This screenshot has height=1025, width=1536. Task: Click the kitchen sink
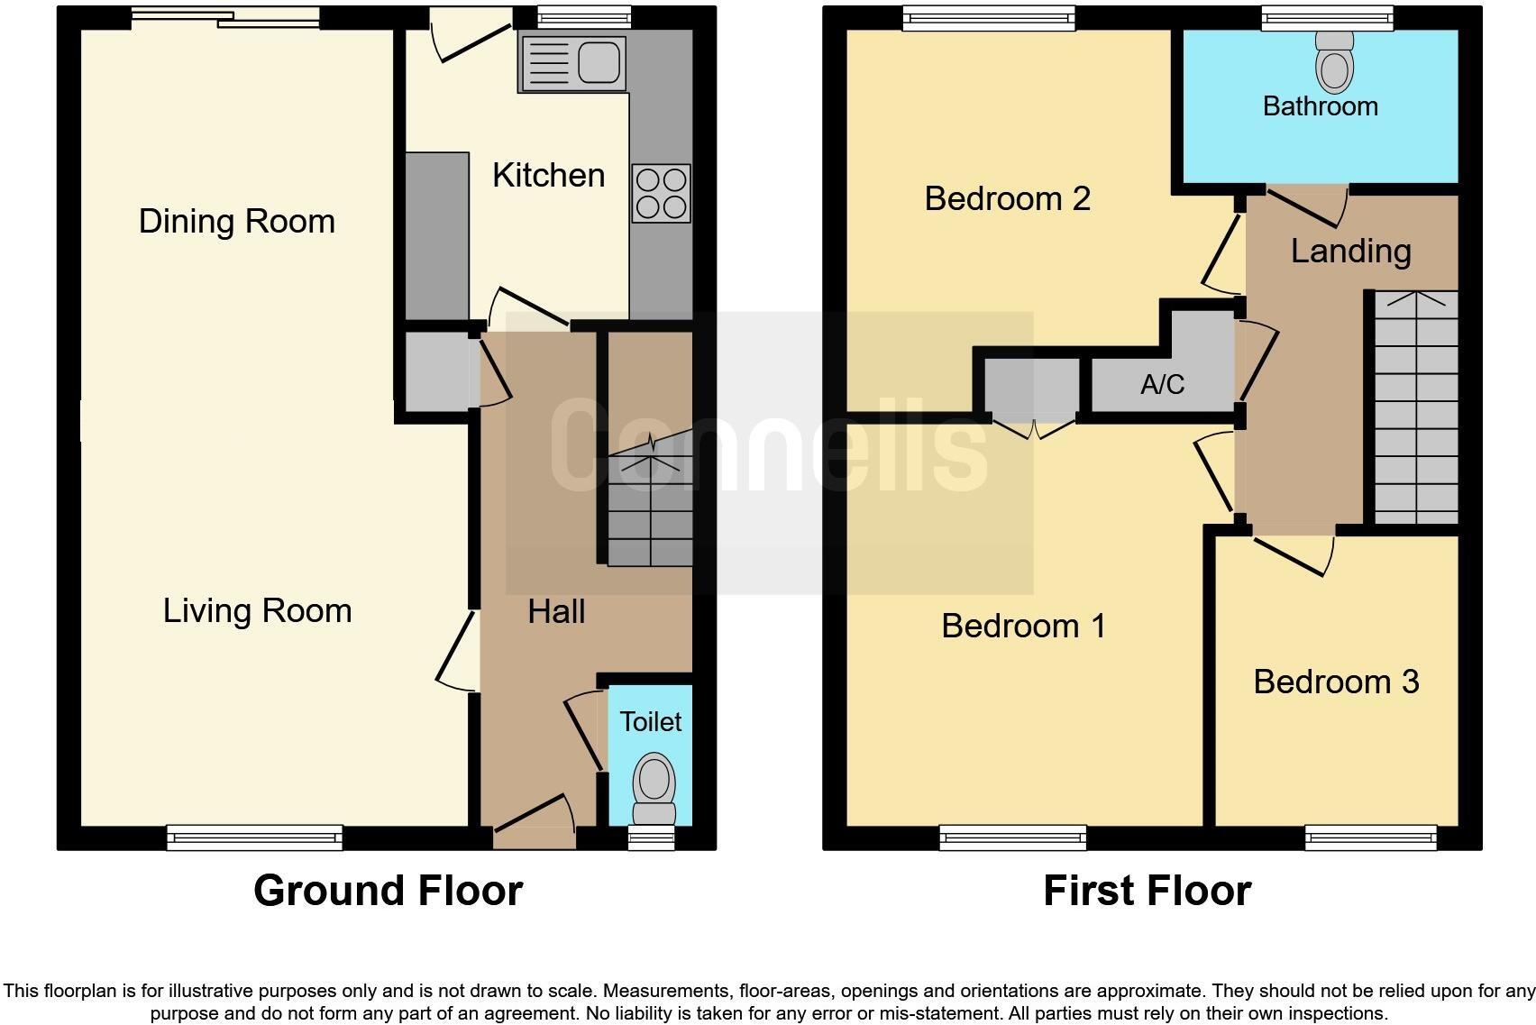(x=572, y=63)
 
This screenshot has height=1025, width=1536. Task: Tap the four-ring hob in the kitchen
(x=662, y=193)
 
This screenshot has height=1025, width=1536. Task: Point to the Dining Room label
(x=237, y=221)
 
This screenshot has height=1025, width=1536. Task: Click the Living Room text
(x=257, y=610)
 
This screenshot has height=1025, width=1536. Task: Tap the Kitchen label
(x=548, y=175)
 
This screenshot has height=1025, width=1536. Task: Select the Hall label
(x=556, y=611)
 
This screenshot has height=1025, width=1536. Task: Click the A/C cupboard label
(x=1162, y=385)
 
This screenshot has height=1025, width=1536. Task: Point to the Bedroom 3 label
(x=1336, y=682)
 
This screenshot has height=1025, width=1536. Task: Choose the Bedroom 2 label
(x=1007, y=198)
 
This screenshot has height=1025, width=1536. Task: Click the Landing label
(x=1350, y=251)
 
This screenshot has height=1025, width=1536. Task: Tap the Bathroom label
(x=1320, y=106)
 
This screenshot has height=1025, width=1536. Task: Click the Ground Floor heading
(x=388, y=891)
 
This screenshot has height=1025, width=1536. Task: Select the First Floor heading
(x=1147, y=891)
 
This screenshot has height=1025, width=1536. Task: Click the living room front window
(x=255, y=837)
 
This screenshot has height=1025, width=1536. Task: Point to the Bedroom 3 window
(x=1371, y=837)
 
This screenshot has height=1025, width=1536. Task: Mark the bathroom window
(x=1326, y=18)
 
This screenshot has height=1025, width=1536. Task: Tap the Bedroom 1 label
(x=1023, y=626)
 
